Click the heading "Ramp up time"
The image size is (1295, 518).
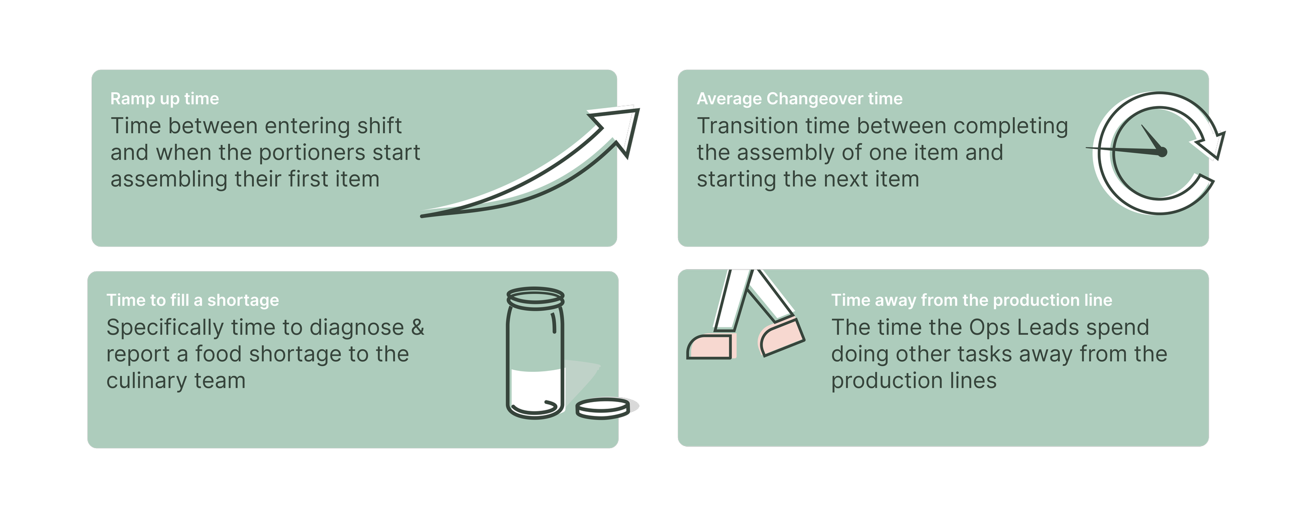point(165,98)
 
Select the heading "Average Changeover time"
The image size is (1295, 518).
point(799,98)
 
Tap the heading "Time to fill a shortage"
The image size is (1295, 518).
point(193,300)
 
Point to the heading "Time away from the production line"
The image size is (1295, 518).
point(972,300)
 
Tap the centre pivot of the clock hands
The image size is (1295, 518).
point(1162,152)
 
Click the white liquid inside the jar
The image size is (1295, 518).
point(535,388)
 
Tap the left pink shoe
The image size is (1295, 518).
point(710,347)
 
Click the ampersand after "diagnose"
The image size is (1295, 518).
point(418,327)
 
